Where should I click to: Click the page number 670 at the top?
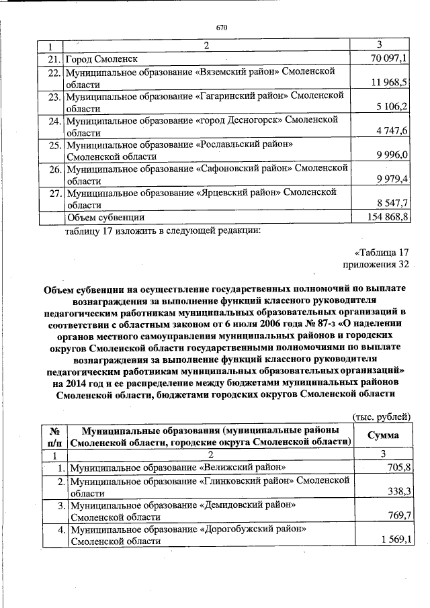[x=222, y=28]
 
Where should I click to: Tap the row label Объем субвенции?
[x=105, y=217]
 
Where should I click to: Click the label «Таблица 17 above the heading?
[x=378, y=253]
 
